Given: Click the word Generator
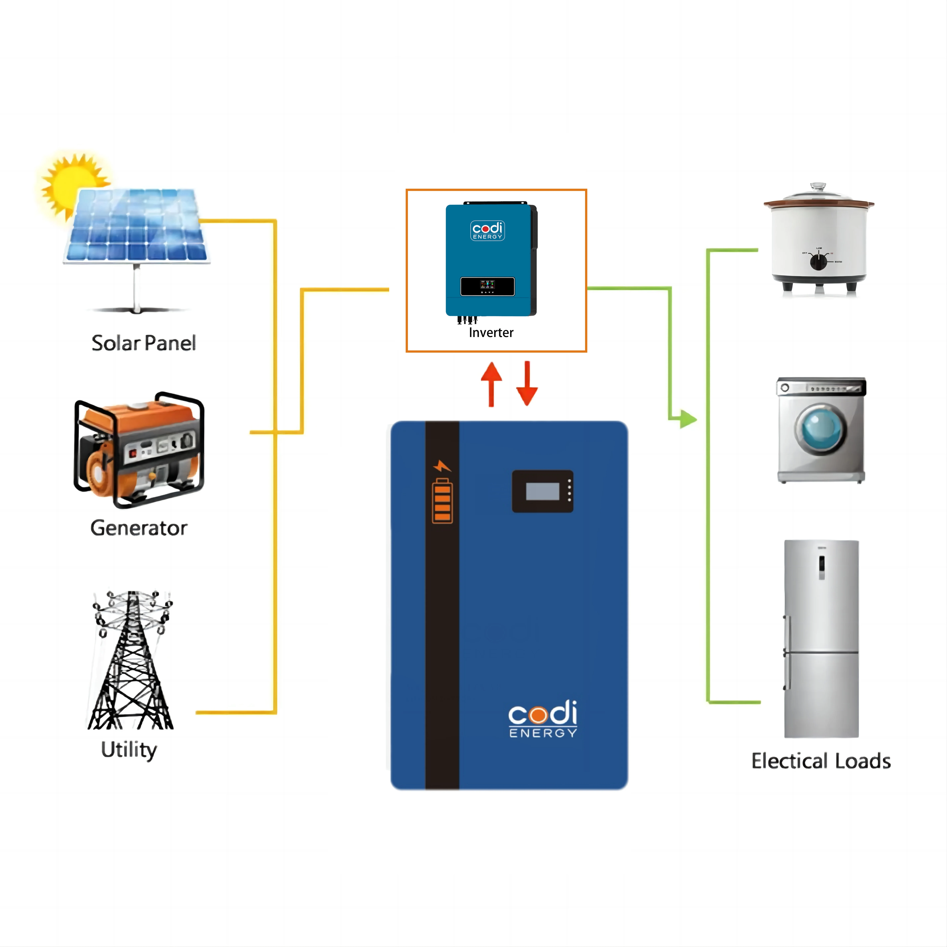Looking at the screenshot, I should [x=139, y=528].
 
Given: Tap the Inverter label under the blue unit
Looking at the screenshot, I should [x=491, y=333].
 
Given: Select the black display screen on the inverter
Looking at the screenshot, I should [x=487, y=286].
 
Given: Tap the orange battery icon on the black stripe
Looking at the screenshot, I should [x=442, y=501].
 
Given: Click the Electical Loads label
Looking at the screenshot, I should [x=821, y=761].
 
